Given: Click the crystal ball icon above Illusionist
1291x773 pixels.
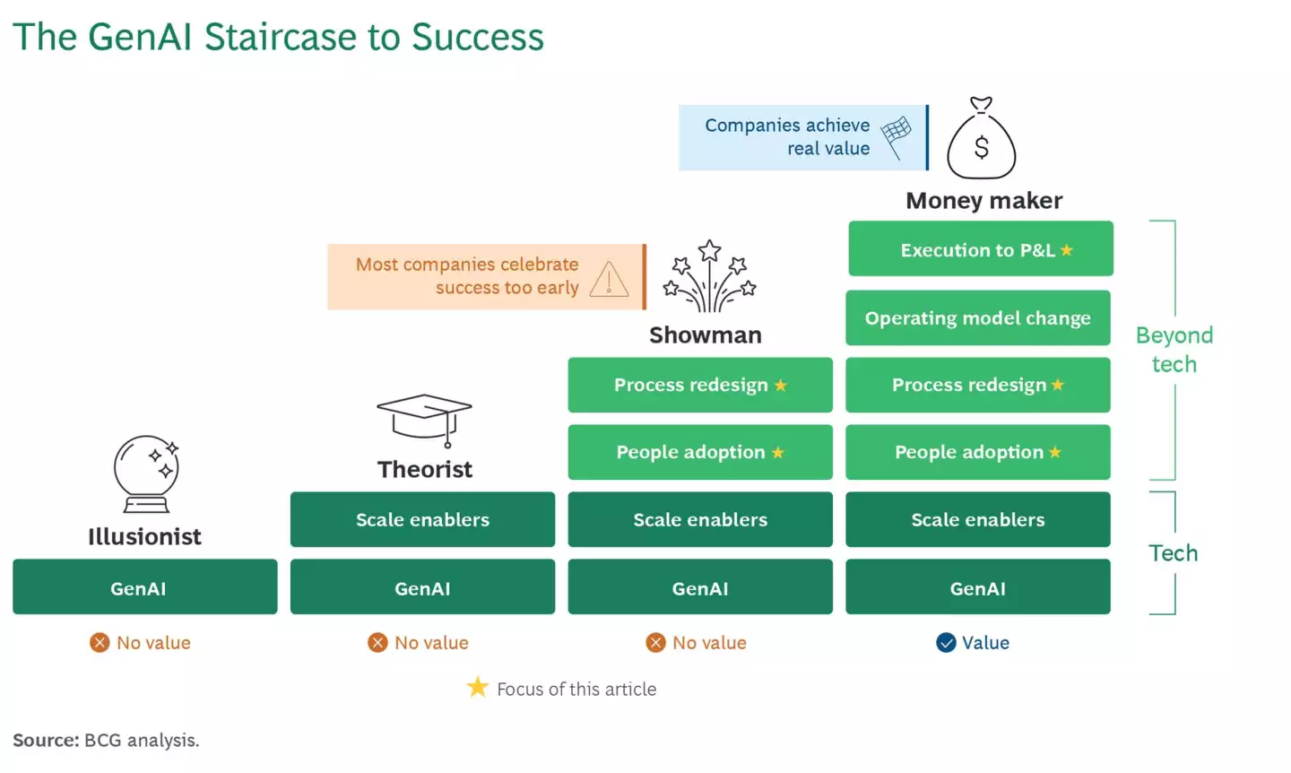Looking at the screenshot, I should (146, 473).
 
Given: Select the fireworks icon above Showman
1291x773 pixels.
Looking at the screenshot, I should (709, 277).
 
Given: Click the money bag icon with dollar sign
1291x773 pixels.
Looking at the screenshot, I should (982, 139).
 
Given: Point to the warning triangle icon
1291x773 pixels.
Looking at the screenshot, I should (609, 280).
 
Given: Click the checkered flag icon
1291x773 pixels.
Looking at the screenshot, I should (896, 136).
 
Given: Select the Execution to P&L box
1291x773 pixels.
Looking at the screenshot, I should (981, 249).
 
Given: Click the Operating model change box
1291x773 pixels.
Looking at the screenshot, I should (978, 317).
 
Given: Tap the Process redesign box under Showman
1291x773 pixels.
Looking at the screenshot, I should (700, 385).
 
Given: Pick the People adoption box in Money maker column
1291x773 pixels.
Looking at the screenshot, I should (978, 452).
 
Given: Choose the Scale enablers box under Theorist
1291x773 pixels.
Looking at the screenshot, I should (422, 519).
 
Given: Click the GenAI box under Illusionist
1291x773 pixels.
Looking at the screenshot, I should (145, 587).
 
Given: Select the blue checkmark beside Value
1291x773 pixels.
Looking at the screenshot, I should (946, 642).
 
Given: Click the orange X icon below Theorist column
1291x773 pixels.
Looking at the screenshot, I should (378, 642).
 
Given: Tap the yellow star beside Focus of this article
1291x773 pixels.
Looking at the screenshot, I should (478, 688).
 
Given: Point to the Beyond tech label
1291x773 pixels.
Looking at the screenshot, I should (1174, 349).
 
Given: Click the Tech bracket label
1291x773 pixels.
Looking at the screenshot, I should (1173, 552).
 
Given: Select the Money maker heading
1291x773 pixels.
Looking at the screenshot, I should (983, 200).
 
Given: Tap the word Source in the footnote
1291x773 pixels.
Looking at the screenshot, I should (46, 740).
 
